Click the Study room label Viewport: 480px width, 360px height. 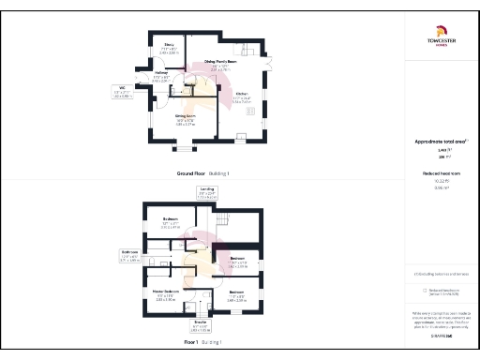169,44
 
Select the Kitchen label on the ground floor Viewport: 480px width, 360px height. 241,94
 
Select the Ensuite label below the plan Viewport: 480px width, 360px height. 199,323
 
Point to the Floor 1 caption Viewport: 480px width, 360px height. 197,343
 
